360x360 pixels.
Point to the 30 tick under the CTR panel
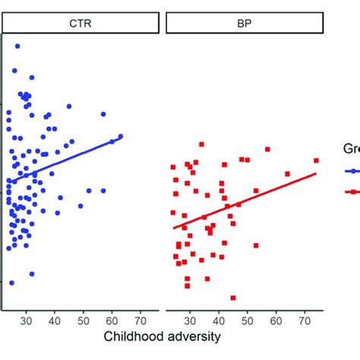[x=27, y=321]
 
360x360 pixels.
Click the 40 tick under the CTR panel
[x=55, y=321]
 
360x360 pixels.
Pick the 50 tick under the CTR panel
[x=84, y=321]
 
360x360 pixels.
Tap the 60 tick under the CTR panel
[x=112, y=321]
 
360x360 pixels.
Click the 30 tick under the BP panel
[x=191, y=321]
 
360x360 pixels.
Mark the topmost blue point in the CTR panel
[x=17, y=46]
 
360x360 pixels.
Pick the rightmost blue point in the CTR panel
[x=120, y=137]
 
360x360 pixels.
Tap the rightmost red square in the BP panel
[x=316, y=160]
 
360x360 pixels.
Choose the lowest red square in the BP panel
[x=232, y=298]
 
